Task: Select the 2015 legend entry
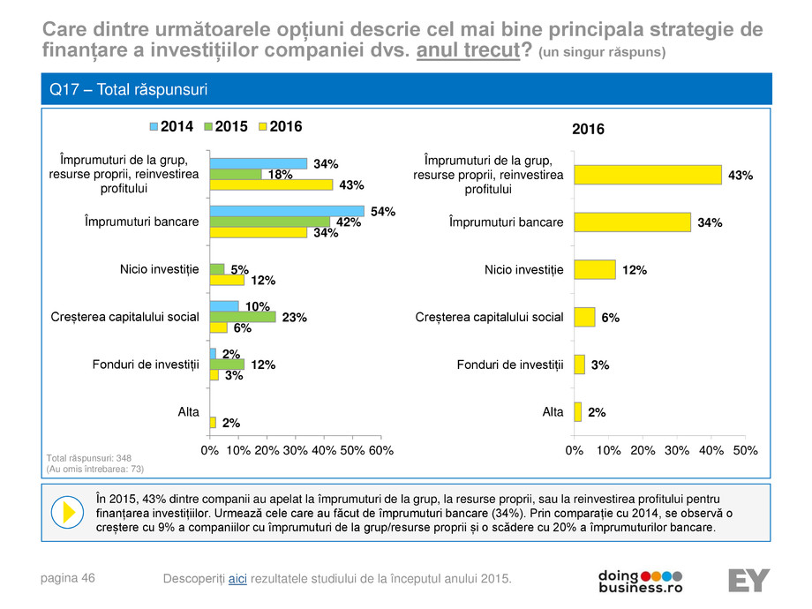click(225, 127)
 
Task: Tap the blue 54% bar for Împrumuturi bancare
click(287, 211)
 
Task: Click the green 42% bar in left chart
click(269, 222)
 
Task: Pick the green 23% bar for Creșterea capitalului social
click(243, 317)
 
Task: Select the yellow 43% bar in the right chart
click(647, 175)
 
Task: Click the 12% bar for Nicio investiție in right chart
click(594, 270)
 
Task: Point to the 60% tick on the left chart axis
click(380, 450)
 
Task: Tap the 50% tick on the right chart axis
click(745, 450)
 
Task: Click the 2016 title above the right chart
click(589, 129)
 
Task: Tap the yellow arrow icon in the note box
click(65, 512)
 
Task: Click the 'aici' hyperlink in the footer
click(237, 578)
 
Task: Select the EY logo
click(748, 580)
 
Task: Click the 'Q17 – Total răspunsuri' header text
click(129, 90)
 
